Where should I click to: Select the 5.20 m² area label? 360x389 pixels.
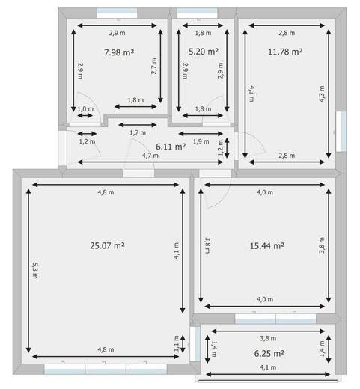[203, 52]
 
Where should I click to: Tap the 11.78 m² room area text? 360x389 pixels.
[284, 52]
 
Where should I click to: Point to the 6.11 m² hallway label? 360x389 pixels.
[170, 147]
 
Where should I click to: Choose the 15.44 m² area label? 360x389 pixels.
[269, 245]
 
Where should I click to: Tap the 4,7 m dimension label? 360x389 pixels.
[150, 156]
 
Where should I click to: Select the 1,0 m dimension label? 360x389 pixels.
[86, 109]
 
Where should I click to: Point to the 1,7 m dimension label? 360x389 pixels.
[137, 132]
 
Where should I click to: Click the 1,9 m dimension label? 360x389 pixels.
[201, 141]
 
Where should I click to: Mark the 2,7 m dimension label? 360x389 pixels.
[153, 67]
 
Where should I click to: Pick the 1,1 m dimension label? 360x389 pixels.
[177, 343]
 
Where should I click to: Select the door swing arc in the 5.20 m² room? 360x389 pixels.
[218, 105]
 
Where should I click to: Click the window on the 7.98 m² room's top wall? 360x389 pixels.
[117, 13]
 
